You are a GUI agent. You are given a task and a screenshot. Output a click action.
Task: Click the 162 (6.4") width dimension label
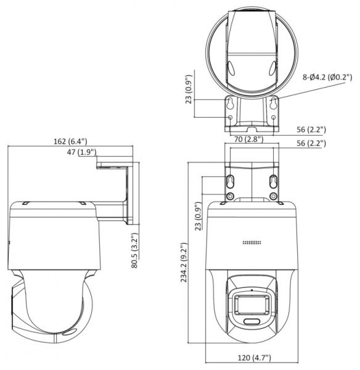tap(70, 141)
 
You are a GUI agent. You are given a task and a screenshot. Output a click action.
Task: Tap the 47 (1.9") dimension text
tap(81, 152)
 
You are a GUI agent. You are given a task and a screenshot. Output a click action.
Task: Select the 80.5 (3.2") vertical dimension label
tap(134, 250)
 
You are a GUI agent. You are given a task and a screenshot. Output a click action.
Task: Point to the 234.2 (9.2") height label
tap(184, 263)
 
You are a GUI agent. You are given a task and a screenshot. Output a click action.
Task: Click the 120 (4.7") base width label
tap(254, 358)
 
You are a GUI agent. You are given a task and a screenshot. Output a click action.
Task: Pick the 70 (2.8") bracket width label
tap(248, 139)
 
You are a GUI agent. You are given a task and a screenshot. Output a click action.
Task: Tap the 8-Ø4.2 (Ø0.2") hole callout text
tap(327, 77)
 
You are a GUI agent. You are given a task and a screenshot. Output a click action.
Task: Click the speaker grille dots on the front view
tap(252, 242)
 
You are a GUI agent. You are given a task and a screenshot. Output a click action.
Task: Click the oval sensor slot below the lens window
tap(252, 321)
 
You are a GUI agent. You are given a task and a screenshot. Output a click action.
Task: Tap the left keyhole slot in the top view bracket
tap(230, 103)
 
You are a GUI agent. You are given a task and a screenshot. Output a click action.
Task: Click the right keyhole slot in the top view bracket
tap(274, 103)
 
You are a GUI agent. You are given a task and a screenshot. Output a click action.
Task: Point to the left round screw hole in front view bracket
tap(230, 196)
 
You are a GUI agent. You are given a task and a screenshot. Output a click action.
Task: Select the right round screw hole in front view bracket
tap(273, 196)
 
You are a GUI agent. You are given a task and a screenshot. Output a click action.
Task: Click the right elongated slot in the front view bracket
tap(273, 181)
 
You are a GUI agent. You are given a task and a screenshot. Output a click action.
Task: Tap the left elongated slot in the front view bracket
tap(231, 181)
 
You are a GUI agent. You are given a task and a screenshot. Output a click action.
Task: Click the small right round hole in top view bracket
tap(274, 117)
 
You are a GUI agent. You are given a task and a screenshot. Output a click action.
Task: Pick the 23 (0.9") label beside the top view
tap(189, 89)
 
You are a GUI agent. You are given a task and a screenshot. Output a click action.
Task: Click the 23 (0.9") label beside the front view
tap(198, 216)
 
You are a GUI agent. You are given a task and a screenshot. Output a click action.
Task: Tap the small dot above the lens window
tap(252, 290)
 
